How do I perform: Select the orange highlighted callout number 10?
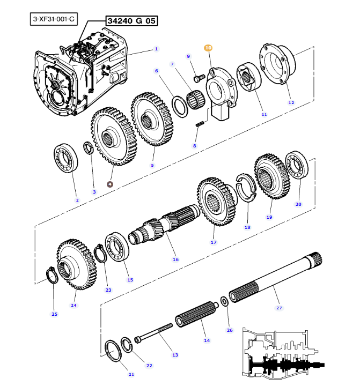[208, 48]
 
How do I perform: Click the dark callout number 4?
[110, 183]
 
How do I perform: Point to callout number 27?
[278, 308]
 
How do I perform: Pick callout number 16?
[175, 259]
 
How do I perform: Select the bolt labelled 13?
[156, 332]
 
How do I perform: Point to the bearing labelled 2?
[67, 158]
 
